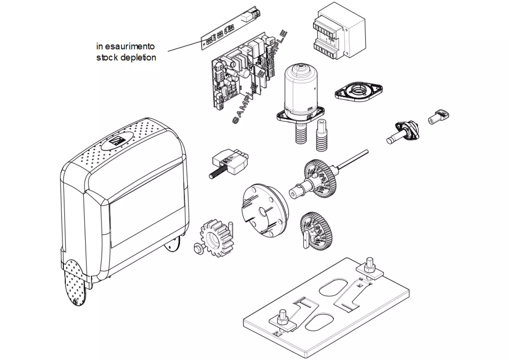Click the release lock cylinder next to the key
(x=404, y=132)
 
